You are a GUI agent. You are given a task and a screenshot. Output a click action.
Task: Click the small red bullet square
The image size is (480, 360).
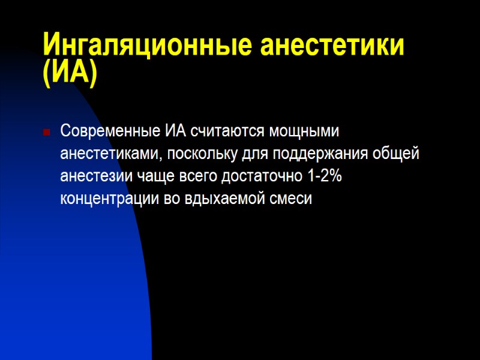[46, 132]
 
